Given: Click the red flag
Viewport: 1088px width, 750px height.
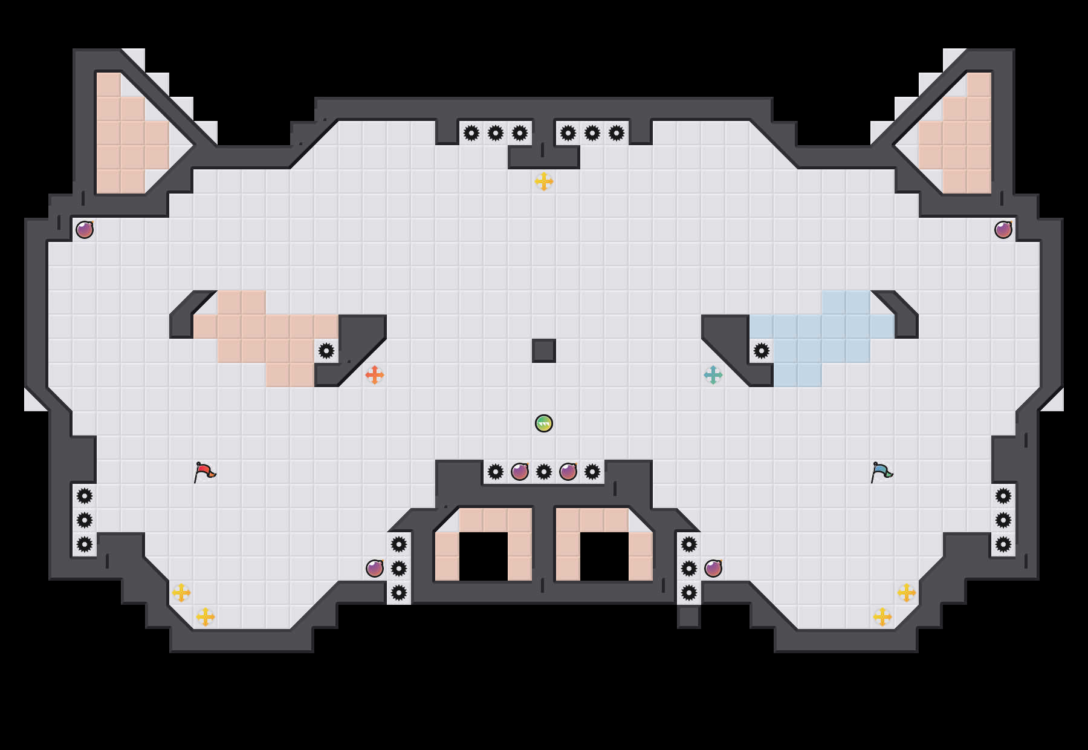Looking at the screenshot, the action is point(204,472).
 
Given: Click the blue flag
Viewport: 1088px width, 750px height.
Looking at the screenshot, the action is point(881,472).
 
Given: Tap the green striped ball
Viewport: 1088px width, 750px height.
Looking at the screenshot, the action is point(544,423).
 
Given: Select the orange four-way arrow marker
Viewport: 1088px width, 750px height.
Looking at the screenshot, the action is point(375,375).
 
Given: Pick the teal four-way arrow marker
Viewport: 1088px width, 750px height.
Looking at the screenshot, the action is point(713,375).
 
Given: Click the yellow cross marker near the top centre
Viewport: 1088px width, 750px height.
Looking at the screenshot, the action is point(544,181).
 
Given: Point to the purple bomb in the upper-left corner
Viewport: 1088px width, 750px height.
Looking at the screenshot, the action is point(85,230).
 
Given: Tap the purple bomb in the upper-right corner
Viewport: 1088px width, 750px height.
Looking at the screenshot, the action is point(1003,230).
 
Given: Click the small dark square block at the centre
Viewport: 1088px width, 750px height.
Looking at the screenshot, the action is point(544,351).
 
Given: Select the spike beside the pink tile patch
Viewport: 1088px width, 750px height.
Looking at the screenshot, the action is point(326,351).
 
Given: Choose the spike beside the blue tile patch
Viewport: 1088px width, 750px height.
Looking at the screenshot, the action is point(762,351).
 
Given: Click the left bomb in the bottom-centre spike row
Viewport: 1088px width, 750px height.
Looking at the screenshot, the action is point(520,472).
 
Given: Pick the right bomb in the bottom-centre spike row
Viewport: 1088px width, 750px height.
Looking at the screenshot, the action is point(568,472).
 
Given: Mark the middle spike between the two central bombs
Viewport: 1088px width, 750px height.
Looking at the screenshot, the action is point(544,472).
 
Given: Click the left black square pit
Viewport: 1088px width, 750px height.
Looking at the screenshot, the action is point(484,556).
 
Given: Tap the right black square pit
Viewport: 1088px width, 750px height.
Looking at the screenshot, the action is point(604,556).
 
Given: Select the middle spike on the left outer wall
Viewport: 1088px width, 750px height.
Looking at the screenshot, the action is point(85,520).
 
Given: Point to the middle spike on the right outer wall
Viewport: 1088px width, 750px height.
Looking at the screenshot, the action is point(1003,520).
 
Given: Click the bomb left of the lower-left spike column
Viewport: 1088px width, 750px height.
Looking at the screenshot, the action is point(375,569).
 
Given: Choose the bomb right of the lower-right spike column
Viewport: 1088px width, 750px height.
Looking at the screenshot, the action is point(713,569).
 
